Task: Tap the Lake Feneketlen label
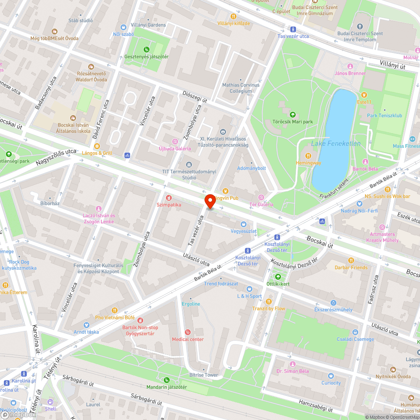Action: pyautogui.click(x=336, y=144)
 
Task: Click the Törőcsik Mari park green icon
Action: pyautogui.click(x=293, y=115)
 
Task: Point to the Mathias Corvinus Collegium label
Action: pyautogui.click(x=241, y=88)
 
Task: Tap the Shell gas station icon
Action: pyautogui.click(x=50, y=402)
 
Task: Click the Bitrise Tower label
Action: pyautogui.click(x=204, y=375)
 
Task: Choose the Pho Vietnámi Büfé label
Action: pyautogui.click(x=115, y=318)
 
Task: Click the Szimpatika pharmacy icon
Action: pyautogui.click(x=168, y=197)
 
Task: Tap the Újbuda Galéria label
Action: pyautogui.click(x=175, y=148)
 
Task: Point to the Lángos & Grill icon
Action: pyautogui.click(x=97, y=146)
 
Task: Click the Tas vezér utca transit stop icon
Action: pyautogui.click(x=293, y=29)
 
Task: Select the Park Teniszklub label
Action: pyautogui.click(x=384, y=115)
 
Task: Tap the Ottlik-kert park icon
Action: pyautogui.click(x=278, y=277)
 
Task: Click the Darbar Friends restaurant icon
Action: pyautogui.click(x=351, y=260)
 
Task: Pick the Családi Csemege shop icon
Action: pyautogui.click(x=355, y=332)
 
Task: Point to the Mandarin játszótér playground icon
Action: pyautogui.click(x=166, y=380)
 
